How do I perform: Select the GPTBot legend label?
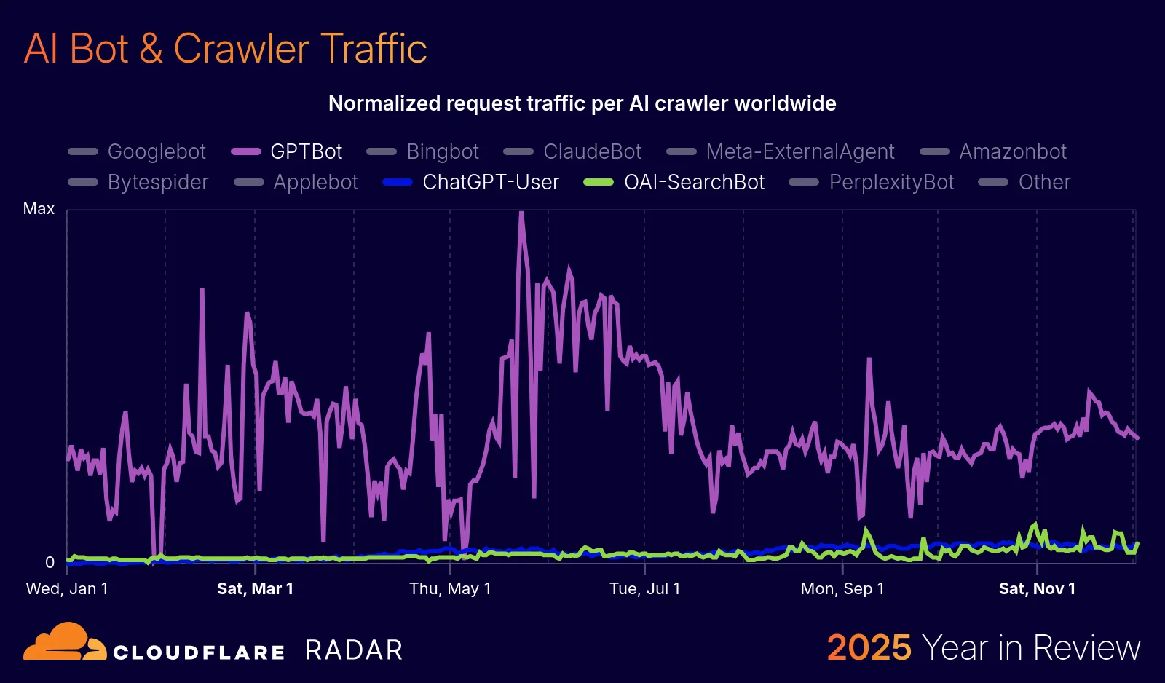point(306,151)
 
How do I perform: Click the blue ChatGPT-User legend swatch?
point(398,182)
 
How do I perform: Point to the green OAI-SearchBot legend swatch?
point(599,182)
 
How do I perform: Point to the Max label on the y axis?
point(39,209)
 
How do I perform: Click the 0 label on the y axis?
point(50,562)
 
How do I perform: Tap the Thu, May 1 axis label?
point(450,588)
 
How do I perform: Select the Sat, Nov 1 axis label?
point(1037,588)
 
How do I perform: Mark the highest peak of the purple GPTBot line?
point(521,213)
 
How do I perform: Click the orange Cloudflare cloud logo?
point(64,642)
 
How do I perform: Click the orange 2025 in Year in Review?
point(869,647)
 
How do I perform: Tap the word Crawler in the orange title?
point(241,49)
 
